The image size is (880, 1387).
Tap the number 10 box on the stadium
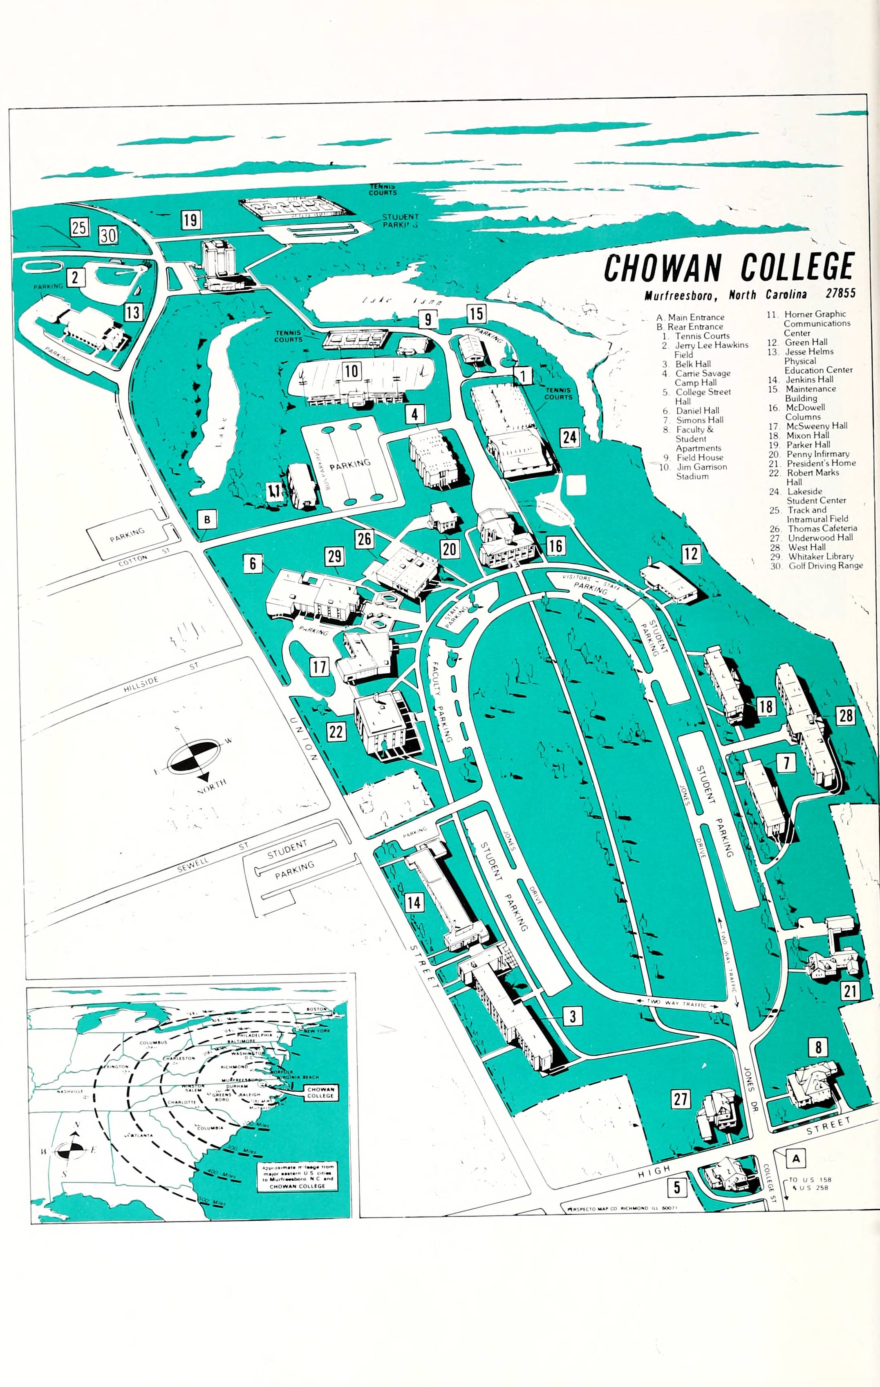(352, 371)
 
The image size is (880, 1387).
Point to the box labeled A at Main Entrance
(796, 1158)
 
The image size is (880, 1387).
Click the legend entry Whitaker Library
(821, 556)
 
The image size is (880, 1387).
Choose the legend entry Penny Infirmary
(817, 454)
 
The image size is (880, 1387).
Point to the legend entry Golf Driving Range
(825, 566)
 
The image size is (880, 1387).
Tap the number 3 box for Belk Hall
(573, 1016)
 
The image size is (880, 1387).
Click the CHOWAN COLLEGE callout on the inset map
(320, 1092)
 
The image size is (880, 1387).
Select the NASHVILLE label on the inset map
(70, 1091)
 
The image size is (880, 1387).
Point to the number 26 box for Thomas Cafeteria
(364, 539)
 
